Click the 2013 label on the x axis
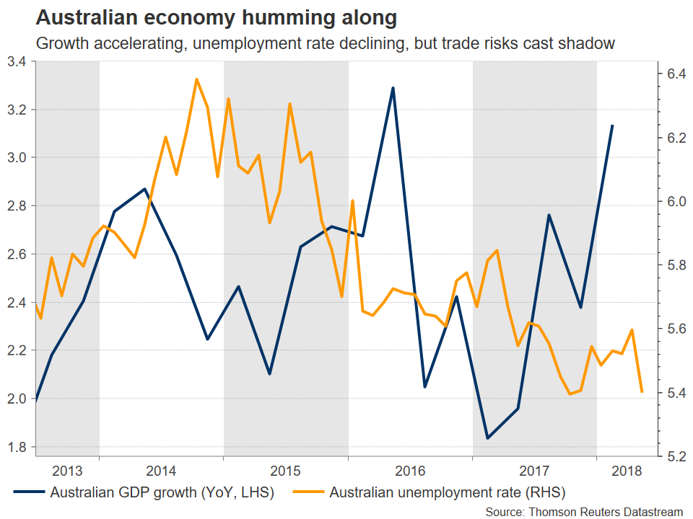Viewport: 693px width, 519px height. click(67, 471)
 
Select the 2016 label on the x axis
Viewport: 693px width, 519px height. click(410, 471)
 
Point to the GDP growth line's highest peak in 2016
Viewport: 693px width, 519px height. click(393, 88)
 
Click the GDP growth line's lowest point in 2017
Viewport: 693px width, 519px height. click(487, 438)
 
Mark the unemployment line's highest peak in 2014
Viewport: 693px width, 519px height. click(197, 79)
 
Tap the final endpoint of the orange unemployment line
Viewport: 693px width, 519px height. click(642, 391)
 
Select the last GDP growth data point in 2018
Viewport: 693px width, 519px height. click(612, 125)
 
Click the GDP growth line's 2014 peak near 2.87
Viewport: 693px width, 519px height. click(145, 189)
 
